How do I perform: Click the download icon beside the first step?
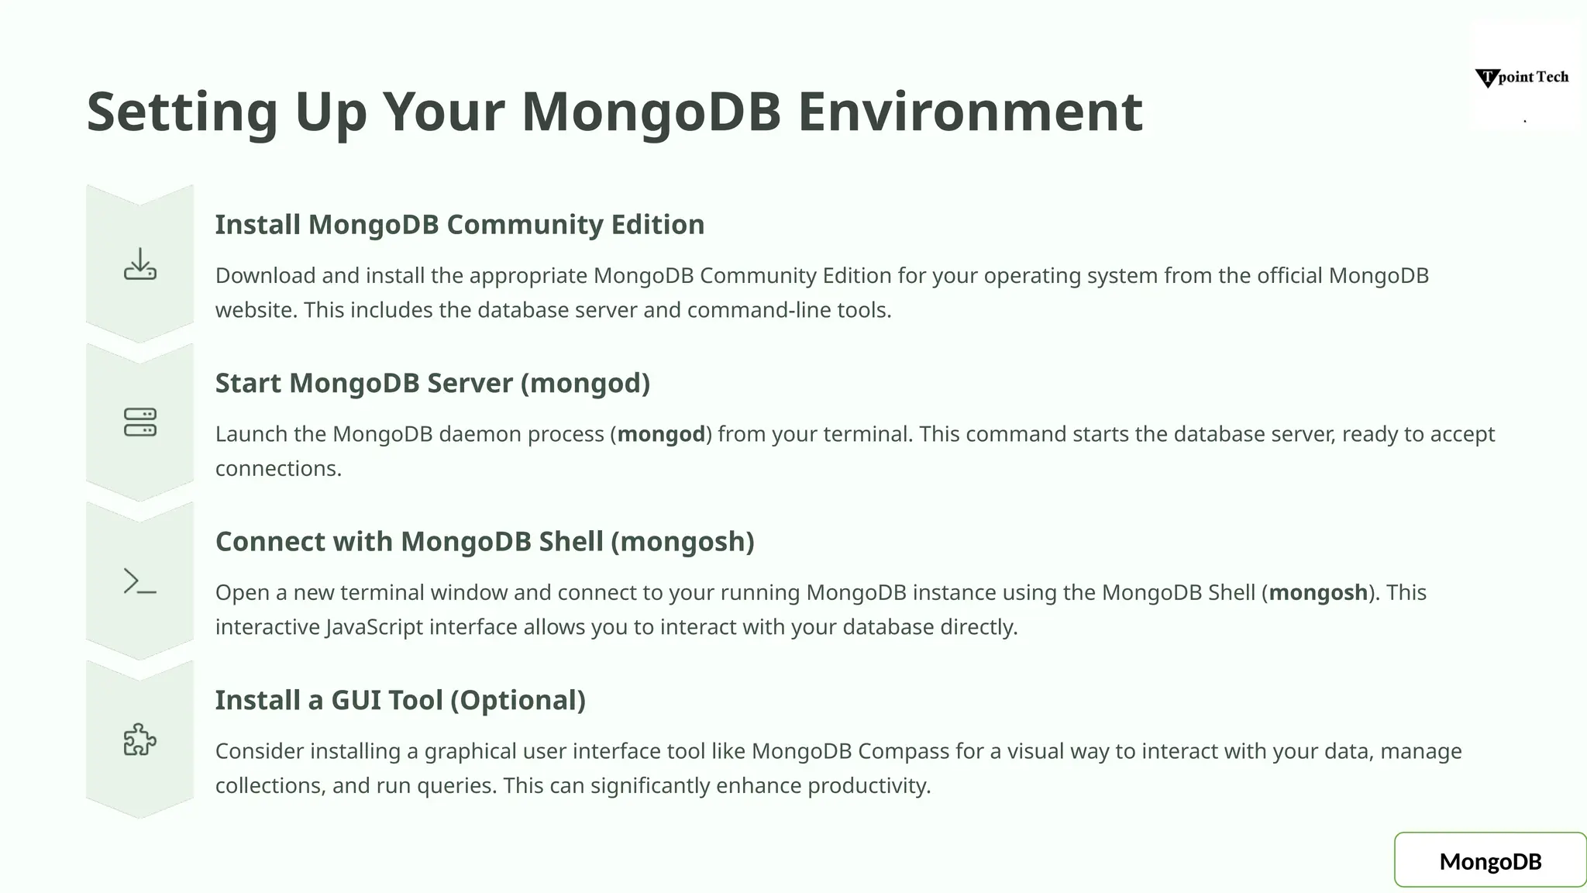pyautogui.click(x=140, y=264)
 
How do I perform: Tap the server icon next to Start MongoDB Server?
pyautogui.click(x=140, y=422)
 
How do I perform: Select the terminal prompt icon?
pyautogui.click(x=140, y=581)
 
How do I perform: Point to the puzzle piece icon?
pyautogui.click(x=140, y=740)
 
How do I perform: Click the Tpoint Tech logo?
pyautogui.click(x=1522, y=78)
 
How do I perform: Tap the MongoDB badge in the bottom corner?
pyautogui.click(x=1490, y=860)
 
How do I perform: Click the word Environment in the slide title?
pyautogui.click(x=970, y=112)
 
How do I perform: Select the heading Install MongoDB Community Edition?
pyautogui.click(x=460, y=225)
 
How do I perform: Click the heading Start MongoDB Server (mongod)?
pyautogui.click(x=432, y=383)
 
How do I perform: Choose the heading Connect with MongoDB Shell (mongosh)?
pyautogui.click(x=484, y=542)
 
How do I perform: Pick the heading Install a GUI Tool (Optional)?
pyautogui.click(x=400, y=700)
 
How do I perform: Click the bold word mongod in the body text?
pyautogui.click(x=661, y=434)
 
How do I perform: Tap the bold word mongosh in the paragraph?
pyautogui.click(x=1317, y=593)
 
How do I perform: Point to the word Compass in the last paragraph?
pyautogui.click(x=903, y=751)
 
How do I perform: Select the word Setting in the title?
pyautogui.click(x=182, y=112)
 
